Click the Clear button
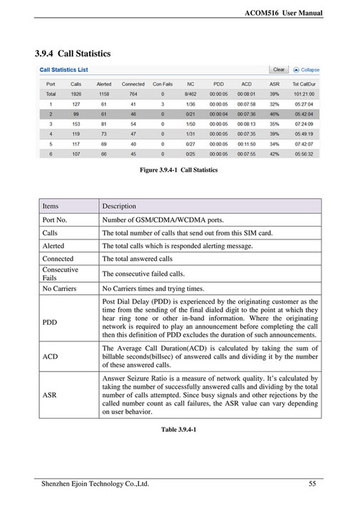coord(279,70)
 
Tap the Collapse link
coord(307,70)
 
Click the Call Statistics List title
coord(63,71)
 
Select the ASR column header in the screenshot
coord(274,83)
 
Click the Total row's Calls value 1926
coord(76,93)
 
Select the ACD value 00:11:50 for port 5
coord(247,143)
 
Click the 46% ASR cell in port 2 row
coord(274,113)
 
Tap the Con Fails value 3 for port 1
coord(163,103)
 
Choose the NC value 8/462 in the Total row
coord(190,93)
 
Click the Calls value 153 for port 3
coord(76,123)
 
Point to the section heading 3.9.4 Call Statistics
coord(73,53)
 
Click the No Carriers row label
coord(59,289)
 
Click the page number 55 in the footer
coord(312,484)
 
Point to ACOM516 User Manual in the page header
coord(284,13)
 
